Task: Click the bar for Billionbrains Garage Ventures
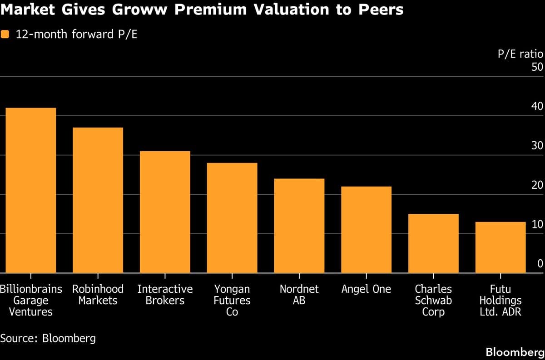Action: (30, 191)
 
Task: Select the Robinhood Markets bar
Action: (98, 200)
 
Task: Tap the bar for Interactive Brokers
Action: (165, 212)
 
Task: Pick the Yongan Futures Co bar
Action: (232, 218)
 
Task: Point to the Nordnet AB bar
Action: (299, 226)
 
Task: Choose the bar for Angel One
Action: (367, 230)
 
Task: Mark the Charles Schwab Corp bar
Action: (433, 243)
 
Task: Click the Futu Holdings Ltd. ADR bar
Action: (500, 247)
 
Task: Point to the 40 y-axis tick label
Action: (537, 107)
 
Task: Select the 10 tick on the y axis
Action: (537, 224)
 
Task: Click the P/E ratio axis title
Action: (520, 54)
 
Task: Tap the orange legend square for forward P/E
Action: (5, 35)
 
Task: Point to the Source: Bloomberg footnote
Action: (48, 338)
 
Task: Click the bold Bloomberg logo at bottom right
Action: (514, 352)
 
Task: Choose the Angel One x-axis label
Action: (367, 289)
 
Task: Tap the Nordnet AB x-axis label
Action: (299, 294)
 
